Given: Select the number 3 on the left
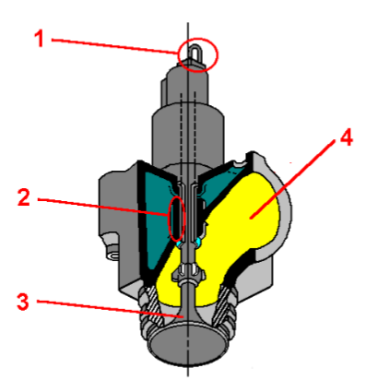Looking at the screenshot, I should pyautogui.click(x=24, y=300).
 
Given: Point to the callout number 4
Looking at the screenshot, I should pyautogui.click(x=344, y=138).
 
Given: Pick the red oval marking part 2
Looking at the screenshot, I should pyautogui.click(x=175, y=219).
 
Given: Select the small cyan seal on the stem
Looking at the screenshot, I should pyautogui.click(x=192, y=241).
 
